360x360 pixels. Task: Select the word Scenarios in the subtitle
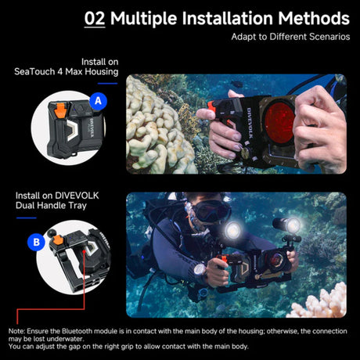(x=322, y=36)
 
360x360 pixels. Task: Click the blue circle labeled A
(x=97, y=101)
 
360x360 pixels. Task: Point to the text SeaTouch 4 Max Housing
(x=66, y=72)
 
